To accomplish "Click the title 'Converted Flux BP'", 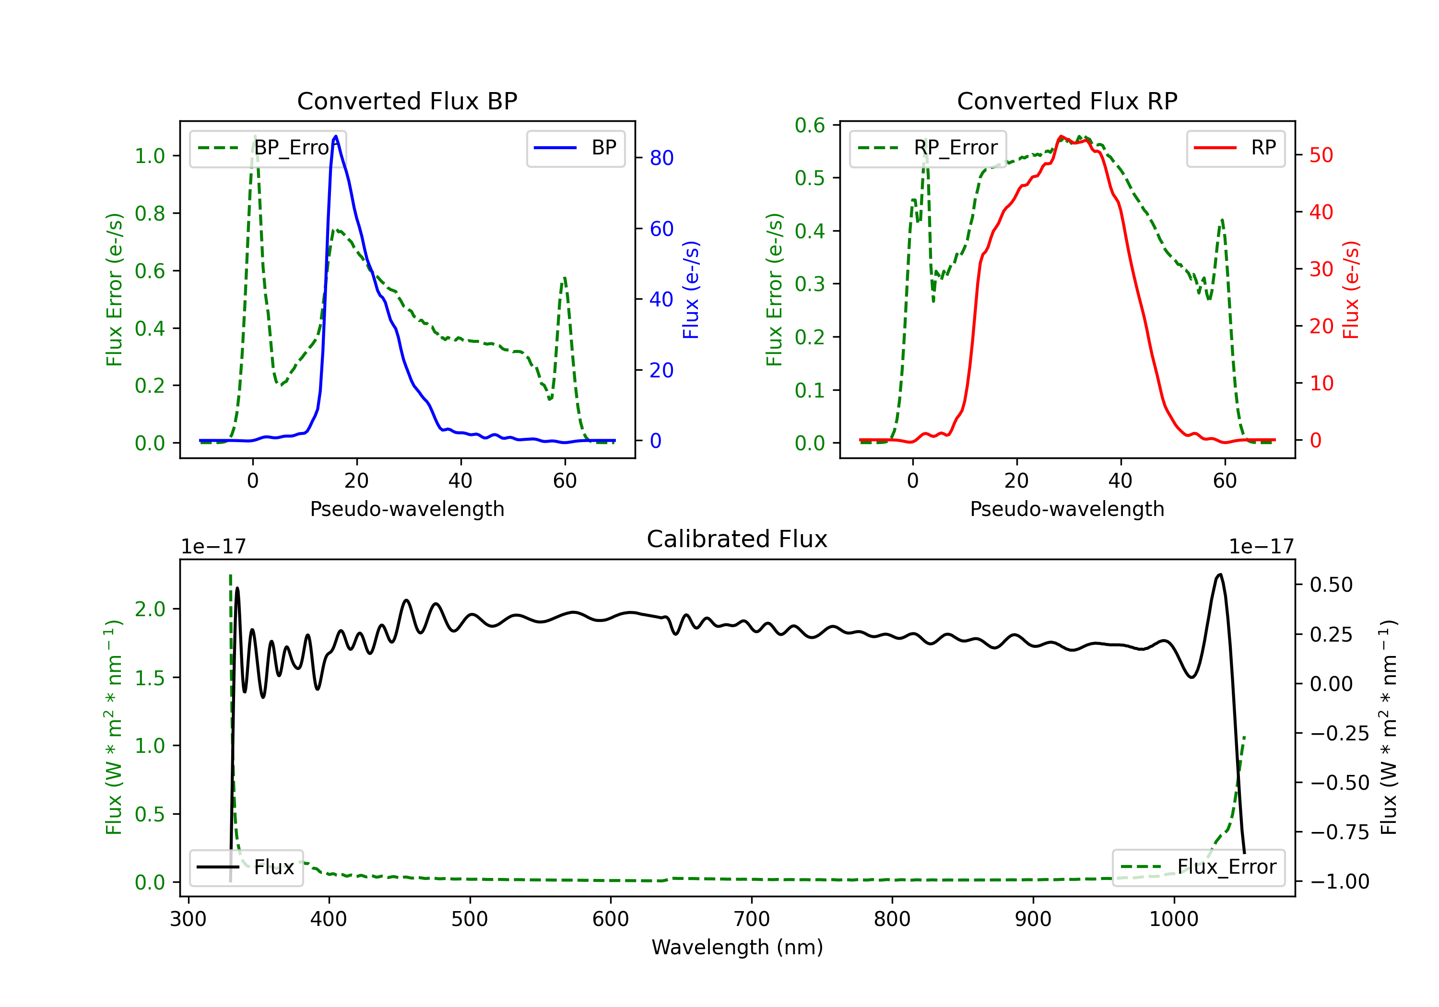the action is click(x=407, y=101).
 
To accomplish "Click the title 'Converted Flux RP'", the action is click(x=1067, y=101).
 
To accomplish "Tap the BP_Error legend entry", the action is click(x=268, y=148).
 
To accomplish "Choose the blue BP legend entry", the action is click(x=575, y=148).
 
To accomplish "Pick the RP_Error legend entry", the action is click(x=928, y=148).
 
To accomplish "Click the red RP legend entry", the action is click(x=1235, y=148).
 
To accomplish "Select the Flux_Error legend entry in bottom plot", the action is click(x=1198, y=867).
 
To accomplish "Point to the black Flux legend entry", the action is click(x=246, y=867).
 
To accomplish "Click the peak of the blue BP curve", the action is click(x=336, y=136).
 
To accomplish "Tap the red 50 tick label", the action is click(x=1321, y=155).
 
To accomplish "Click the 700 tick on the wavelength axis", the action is click(x=752, y=919).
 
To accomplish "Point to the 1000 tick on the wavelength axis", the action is click(x=1173, y=919).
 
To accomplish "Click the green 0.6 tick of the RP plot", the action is click(x=810, y=125).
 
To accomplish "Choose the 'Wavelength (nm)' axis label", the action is click(x=737, y=948).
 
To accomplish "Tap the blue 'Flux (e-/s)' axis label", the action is click(x=691, y=290).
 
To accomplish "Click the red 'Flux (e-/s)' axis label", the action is click(x=1351, y=290).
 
